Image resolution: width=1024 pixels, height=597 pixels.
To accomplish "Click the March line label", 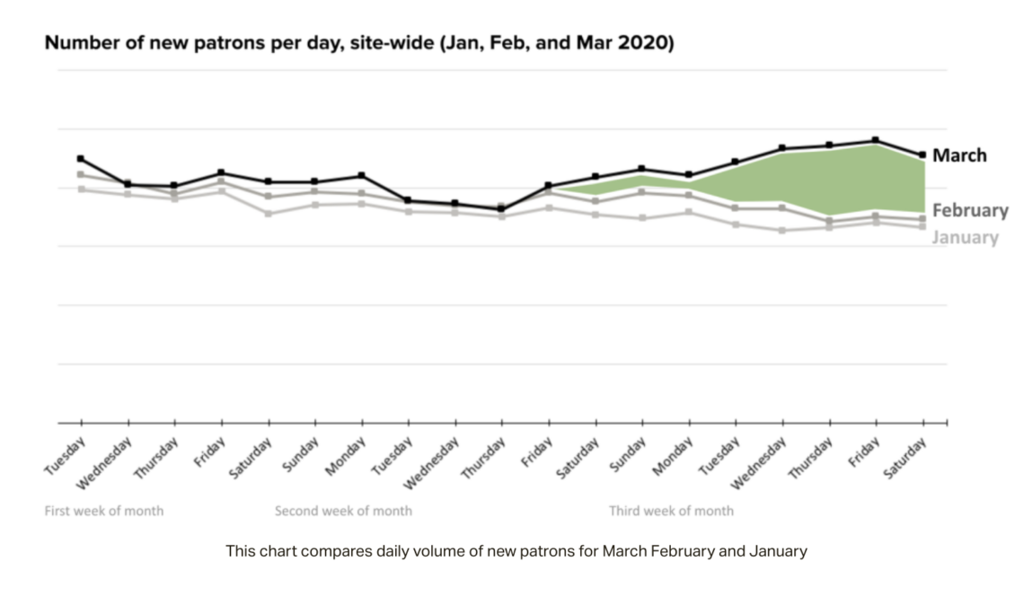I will [x=958, y=155].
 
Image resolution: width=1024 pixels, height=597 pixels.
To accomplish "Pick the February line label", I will [x=970, y=210].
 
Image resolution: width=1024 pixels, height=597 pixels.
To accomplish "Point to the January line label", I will [x=965, y=237].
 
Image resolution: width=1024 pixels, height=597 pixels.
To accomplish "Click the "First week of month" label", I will [x=104, y=511].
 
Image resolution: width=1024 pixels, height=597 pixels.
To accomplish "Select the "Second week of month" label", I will [x=343, y=511].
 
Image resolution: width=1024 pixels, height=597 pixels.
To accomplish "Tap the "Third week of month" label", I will [x=671, y=511].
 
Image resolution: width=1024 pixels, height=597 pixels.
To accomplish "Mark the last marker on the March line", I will [x=922, y=154].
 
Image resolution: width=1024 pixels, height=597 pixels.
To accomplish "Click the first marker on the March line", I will [x=81, y=158].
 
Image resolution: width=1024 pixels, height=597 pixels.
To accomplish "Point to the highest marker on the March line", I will [x=875, y=140].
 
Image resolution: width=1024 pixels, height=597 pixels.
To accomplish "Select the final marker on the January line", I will [x=922, y=226].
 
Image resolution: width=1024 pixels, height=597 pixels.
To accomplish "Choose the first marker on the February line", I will [x=81, y=174].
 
